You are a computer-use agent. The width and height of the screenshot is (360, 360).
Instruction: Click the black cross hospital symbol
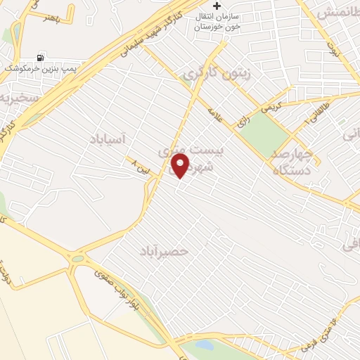(x=218, y=6)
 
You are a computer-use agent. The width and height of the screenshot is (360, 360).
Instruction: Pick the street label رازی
(x=243, y=121)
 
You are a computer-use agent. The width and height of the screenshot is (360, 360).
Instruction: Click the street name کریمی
(x=270, y=107)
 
